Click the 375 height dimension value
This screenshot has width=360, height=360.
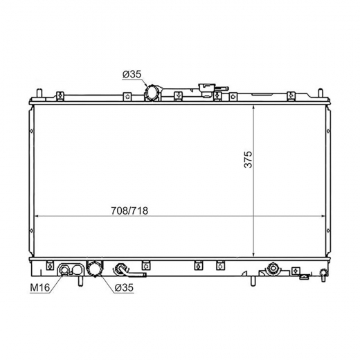click(249, 159)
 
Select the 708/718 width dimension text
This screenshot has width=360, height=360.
click(129, 210)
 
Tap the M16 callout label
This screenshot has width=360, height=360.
click(40, 287)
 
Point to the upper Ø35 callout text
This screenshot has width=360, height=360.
click(132, 75)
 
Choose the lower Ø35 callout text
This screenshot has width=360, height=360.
click(124, 287)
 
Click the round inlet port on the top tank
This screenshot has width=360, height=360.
click(152, 93)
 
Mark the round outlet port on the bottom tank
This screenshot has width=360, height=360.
click(94, 269)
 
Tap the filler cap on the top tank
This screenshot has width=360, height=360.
click(207, 90)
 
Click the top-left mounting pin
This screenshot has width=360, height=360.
click(39, 93)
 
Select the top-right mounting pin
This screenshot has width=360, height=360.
click(321, 93)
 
